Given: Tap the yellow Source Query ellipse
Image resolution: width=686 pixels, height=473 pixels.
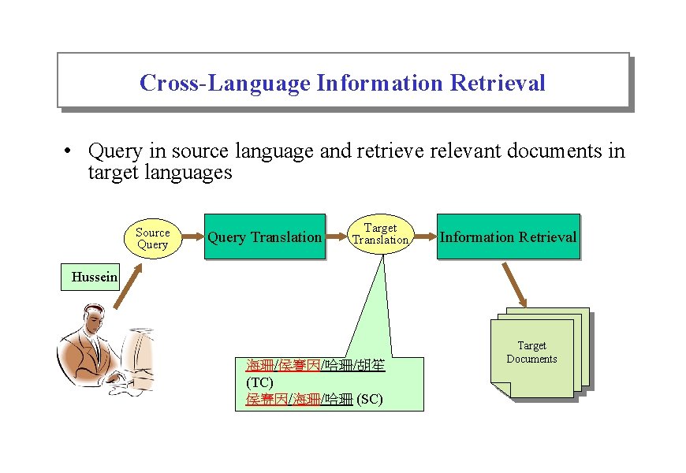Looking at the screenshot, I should pos(152,238).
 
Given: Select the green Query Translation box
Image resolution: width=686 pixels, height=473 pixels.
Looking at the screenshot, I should pos(264,237).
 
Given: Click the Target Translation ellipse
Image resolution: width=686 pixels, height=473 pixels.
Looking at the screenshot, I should pos(380,234).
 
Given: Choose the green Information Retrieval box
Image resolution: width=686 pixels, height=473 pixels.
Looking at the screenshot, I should pos(508,236).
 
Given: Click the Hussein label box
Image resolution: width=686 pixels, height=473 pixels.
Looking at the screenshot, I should pos(94,277).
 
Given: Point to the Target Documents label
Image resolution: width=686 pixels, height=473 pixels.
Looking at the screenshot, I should pos(531,352).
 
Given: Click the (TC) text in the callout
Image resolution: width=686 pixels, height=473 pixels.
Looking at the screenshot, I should pos(259,382).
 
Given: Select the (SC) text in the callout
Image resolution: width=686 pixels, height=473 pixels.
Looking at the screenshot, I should pos(369,400).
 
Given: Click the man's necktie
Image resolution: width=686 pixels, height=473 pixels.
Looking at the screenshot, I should pos(94,348).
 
